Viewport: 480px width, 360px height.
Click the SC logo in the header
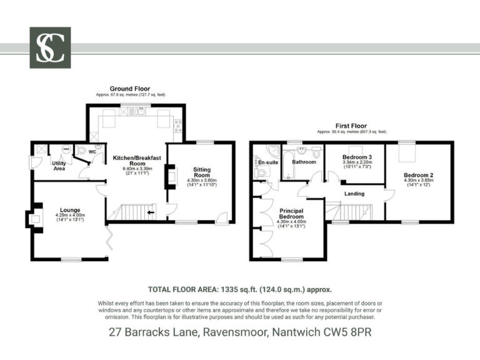click(50, 47)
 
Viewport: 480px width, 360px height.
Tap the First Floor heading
click(351, 126)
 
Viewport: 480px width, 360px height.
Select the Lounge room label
click(69, 210)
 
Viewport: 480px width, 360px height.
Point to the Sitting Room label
click(201, 172)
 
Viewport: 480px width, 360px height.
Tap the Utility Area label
click(59, 166)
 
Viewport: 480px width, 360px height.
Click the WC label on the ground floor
click(92, 152)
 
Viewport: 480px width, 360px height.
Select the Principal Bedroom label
click(291, 214)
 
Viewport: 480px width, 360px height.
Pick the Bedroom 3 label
click(357, 156)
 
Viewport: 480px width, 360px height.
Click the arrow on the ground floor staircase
click(151, 213)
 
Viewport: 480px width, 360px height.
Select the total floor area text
click(239, 290)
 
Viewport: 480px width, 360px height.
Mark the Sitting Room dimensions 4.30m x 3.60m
click(201, 181)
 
